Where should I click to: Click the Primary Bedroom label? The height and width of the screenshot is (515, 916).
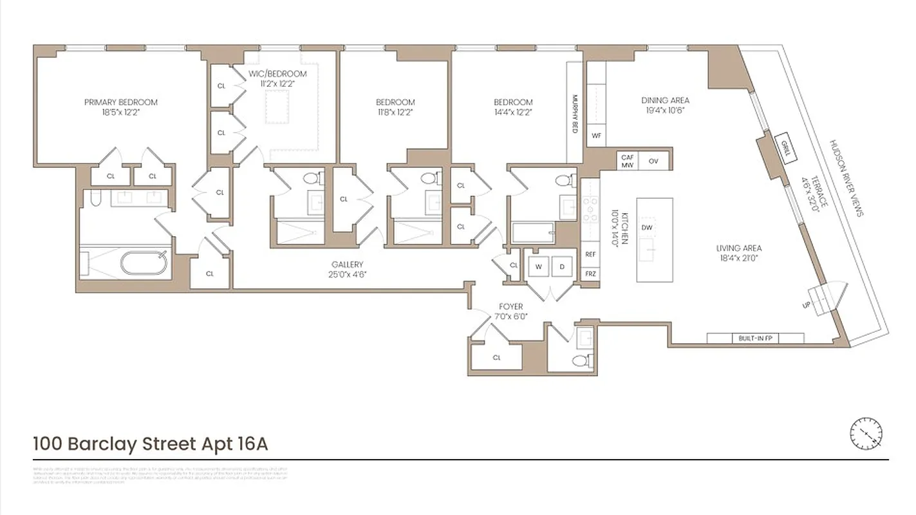point(120,102)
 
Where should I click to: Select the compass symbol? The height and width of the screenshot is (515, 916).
point(866,433)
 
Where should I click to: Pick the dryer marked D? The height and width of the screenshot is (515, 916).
point(561,267)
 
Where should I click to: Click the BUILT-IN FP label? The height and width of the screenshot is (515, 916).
point(755,339)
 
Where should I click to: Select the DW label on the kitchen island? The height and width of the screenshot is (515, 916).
point(647,227)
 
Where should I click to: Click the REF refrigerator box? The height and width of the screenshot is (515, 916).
point(590,254)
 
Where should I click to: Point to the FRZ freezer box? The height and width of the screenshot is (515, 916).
point(590,274)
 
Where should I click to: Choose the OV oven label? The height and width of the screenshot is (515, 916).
point(653,161)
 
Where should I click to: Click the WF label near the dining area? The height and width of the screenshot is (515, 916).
point(596,136)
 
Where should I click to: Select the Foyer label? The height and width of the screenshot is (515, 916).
point(511,306)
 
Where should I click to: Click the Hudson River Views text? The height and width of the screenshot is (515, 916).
point(846,178)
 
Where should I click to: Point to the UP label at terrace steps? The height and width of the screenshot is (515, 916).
point(806,304)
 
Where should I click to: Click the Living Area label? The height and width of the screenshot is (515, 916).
point(739,248)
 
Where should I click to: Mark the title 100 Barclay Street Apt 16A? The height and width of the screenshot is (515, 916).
point(150,444)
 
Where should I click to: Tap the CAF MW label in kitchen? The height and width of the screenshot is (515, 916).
point(628,161)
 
